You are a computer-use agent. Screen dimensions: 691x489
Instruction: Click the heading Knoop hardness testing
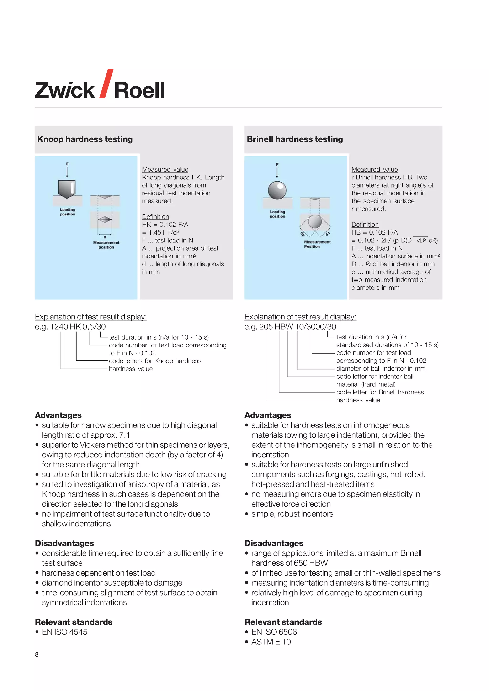85,139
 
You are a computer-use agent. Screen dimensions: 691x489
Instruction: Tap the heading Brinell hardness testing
295,139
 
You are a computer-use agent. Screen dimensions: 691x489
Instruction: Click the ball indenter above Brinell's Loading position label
277,190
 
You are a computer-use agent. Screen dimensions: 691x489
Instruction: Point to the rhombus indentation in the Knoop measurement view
105,220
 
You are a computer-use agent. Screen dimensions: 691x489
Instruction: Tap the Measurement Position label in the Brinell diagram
317,244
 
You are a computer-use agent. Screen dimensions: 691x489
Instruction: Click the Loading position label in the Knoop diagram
67,212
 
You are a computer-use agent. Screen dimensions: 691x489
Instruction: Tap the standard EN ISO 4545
64,632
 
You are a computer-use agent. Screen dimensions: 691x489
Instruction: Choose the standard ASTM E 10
271,642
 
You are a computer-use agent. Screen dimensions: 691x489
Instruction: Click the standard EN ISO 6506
274,632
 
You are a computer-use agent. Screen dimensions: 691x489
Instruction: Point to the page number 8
37,654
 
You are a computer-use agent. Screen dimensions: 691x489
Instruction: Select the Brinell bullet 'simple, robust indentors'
292,514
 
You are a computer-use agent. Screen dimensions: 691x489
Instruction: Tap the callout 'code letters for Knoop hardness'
155,361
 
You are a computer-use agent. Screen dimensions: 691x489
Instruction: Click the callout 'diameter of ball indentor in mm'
381,369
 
